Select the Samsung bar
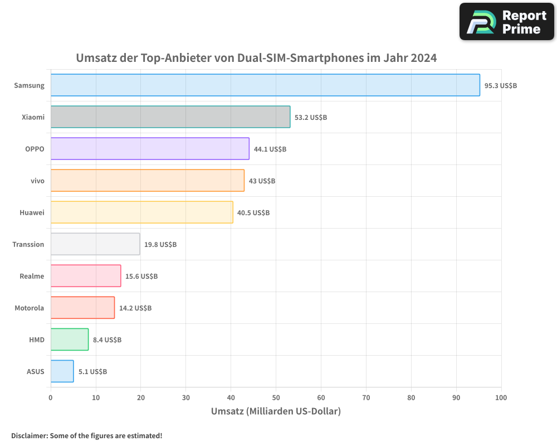pos(265,85)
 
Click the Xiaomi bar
pos(170,117)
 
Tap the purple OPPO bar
pos(150,149)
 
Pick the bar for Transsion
pos(95,244)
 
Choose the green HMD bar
pos(70,340)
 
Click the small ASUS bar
pos(62,371)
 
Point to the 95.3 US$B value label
pos(501,86)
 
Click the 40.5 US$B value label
pos(253,213)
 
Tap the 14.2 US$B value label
pos(135,308)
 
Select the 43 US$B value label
pos(262,181)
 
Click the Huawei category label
pos(32,213)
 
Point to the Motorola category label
pos(30,308)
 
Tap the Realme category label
pos(32,277)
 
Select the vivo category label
pos(37,181)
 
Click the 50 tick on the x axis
pos(276,397)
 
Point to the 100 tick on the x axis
pos(501,397)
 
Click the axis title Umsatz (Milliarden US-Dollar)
pos(276,411)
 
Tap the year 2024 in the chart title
pos(424,58)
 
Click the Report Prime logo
pos(507,22)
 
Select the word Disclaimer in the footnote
pos(28,436)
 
